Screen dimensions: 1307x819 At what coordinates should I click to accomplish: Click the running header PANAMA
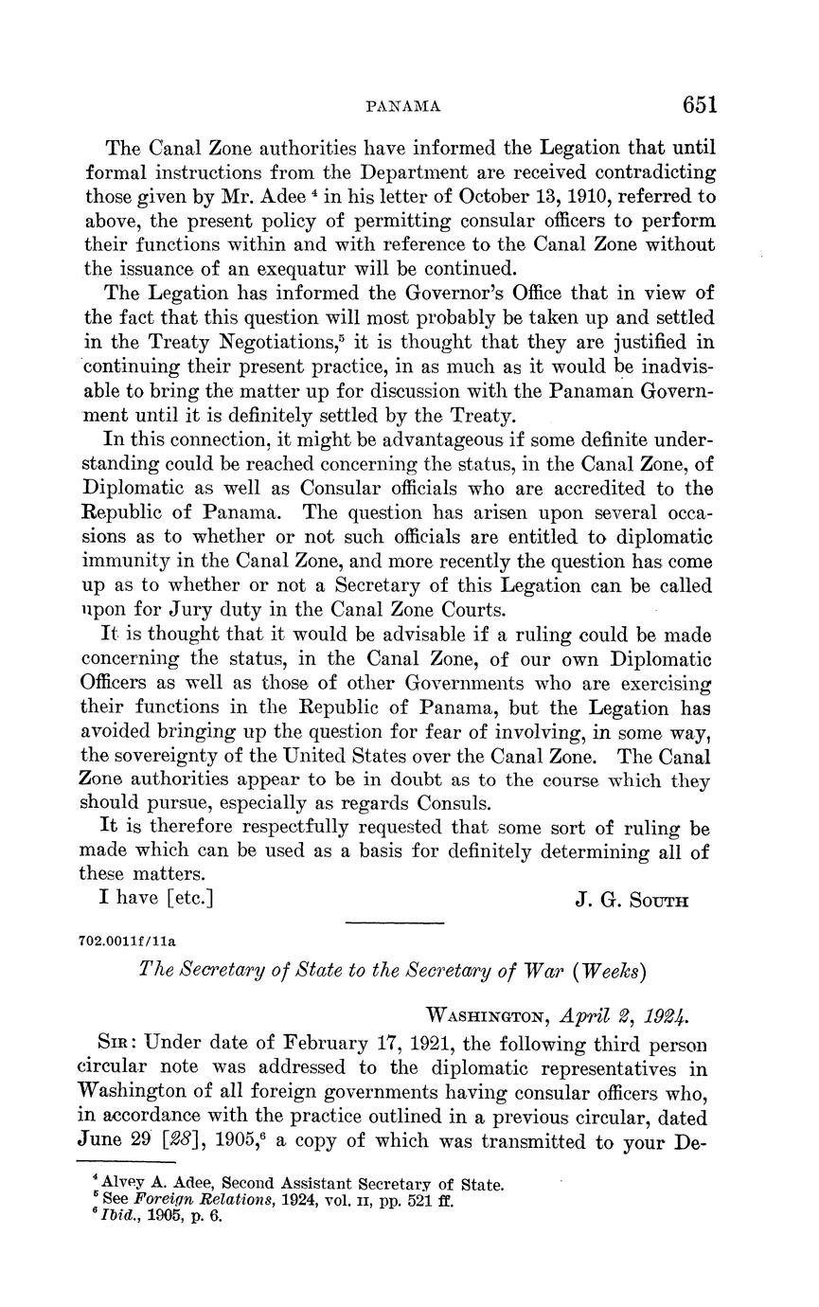403,107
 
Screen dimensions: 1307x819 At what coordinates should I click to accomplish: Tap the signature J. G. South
632,900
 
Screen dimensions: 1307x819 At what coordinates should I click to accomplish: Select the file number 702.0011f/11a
129,942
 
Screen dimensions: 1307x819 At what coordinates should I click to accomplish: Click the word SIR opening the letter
118,1043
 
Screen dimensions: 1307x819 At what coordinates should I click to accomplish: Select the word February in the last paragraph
331,1043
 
